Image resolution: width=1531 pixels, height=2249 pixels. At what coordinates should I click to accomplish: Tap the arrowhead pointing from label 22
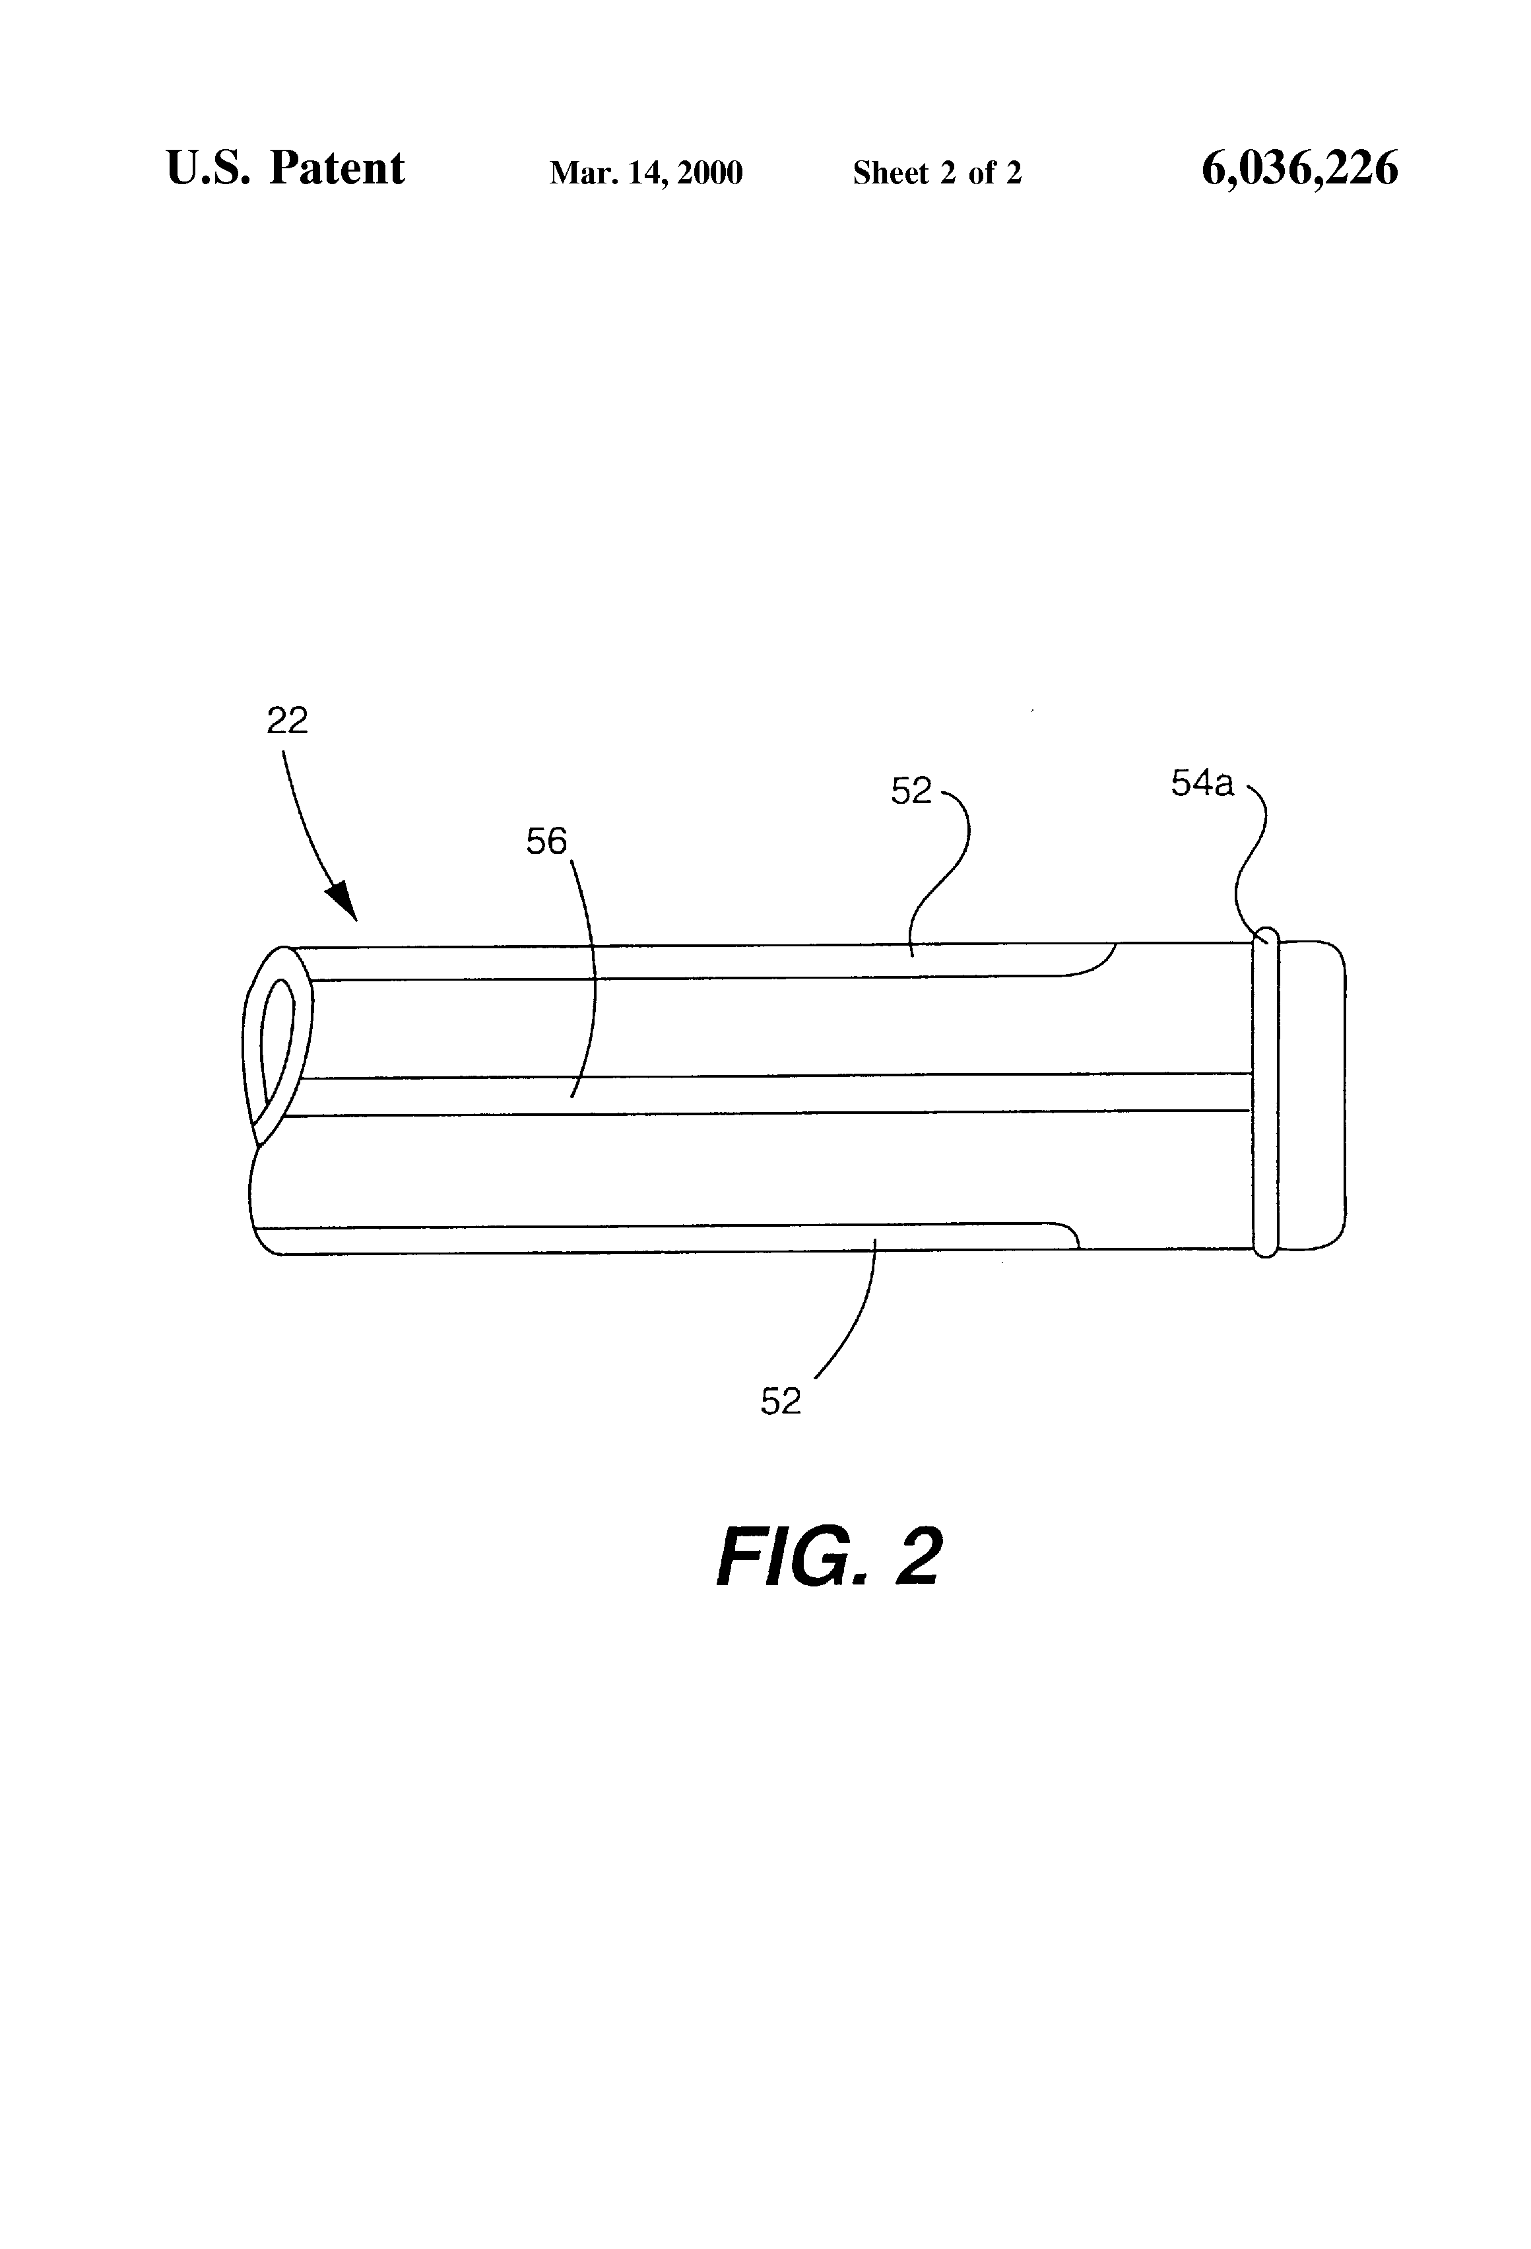pos(344,902)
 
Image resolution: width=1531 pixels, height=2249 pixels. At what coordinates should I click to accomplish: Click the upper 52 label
pos(911,792)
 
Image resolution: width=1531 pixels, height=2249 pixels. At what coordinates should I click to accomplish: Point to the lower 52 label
pos(780,1401)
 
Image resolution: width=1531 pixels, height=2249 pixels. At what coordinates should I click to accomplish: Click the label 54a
pos(1202,784)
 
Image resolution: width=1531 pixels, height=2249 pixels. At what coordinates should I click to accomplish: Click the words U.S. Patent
pos(286,168)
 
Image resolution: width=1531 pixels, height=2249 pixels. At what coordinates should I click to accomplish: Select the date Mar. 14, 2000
pos(645,173)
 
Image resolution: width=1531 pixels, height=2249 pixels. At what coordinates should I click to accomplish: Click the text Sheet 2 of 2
pos(937,173)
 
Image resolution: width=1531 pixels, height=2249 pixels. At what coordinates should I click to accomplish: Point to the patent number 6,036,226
pos(1299,168)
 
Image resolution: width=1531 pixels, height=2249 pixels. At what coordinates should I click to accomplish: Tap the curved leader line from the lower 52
pos(857,1326)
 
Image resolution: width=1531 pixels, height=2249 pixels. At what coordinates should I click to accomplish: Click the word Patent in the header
pos(337,168)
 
